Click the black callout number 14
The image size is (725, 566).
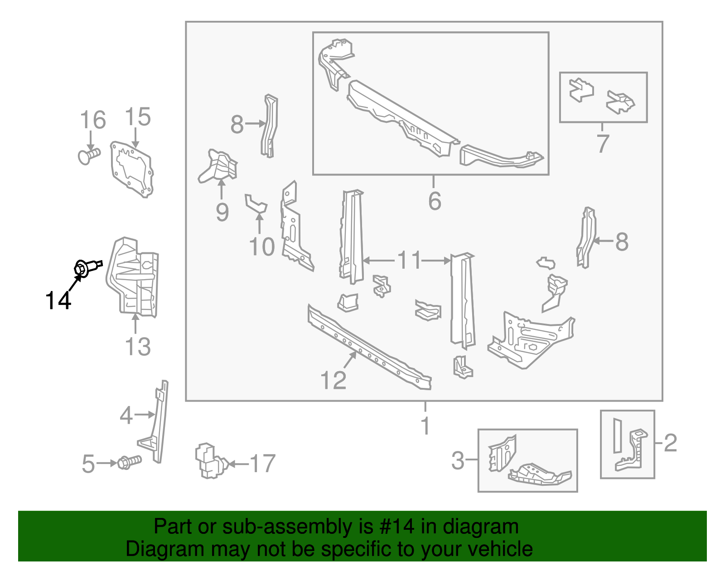pos(58,300)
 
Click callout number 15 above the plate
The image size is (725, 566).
pos(137,117)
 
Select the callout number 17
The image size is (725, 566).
pos(263,464)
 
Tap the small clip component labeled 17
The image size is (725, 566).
pos(210,461)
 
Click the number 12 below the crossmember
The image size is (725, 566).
pos(333,380)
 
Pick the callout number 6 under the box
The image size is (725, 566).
pos(435,201)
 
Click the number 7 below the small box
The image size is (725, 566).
pos(602,143)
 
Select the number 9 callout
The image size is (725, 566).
pos(222,212)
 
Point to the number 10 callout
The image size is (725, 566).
pos(262,247)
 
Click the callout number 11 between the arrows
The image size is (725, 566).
pos(409,261)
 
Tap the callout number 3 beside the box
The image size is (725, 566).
pos(458,461)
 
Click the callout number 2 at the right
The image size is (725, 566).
pos(670,443)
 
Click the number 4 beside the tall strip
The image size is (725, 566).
pos(126,415)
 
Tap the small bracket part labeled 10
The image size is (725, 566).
pos(256,203)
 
